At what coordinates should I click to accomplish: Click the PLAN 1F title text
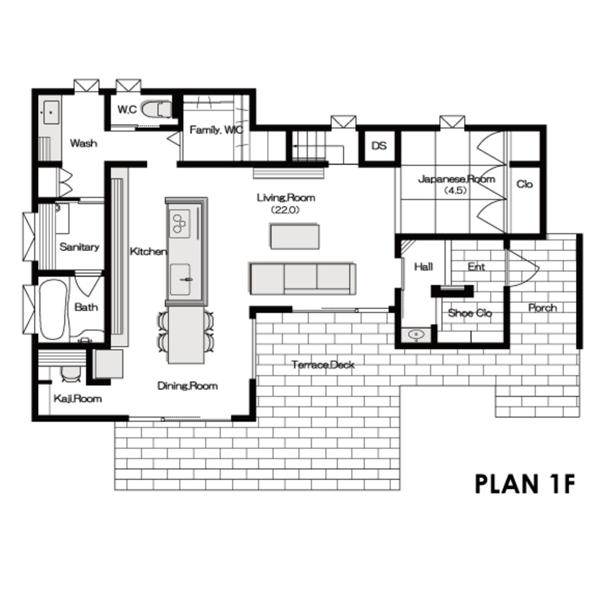click(x=525, y=484)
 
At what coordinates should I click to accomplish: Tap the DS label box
click(x=379, y=146)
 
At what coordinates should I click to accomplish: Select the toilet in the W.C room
click(x=155, y=109)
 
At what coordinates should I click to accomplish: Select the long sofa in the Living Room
click(x=301, y=278)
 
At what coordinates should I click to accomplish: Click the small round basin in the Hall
click(x=415, y=335)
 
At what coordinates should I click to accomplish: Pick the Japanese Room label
click(x=456, y=180)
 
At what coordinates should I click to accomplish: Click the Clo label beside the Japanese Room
click(x=524, y=185)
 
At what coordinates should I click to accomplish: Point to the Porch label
click(x=542, y=308)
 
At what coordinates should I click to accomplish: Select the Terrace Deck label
click(x=323, y=365)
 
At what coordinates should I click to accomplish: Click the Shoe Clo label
click(x=470, y=313)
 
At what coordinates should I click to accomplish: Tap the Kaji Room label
click(x=77, y=399)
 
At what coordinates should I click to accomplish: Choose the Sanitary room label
click(x=79, y=247)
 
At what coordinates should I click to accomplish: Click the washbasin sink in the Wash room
click(x=49, y=113)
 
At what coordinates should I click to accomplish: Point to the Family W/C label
click(x=216, y=130)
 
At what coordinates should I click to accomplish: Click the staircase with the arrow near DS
click(x=312, y=147)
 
